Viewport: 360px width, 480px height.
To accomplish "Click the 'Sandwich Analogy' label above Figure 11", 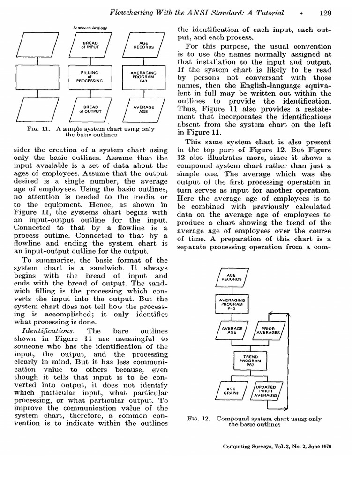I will click(x=90, y=28).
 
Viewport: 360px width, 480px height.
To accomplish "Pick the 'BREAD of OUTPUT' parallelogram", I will click(x=90, y=109).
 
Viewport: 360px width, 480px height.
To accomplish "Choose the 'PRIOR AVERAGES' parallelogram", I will click(x=268, y=330).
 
